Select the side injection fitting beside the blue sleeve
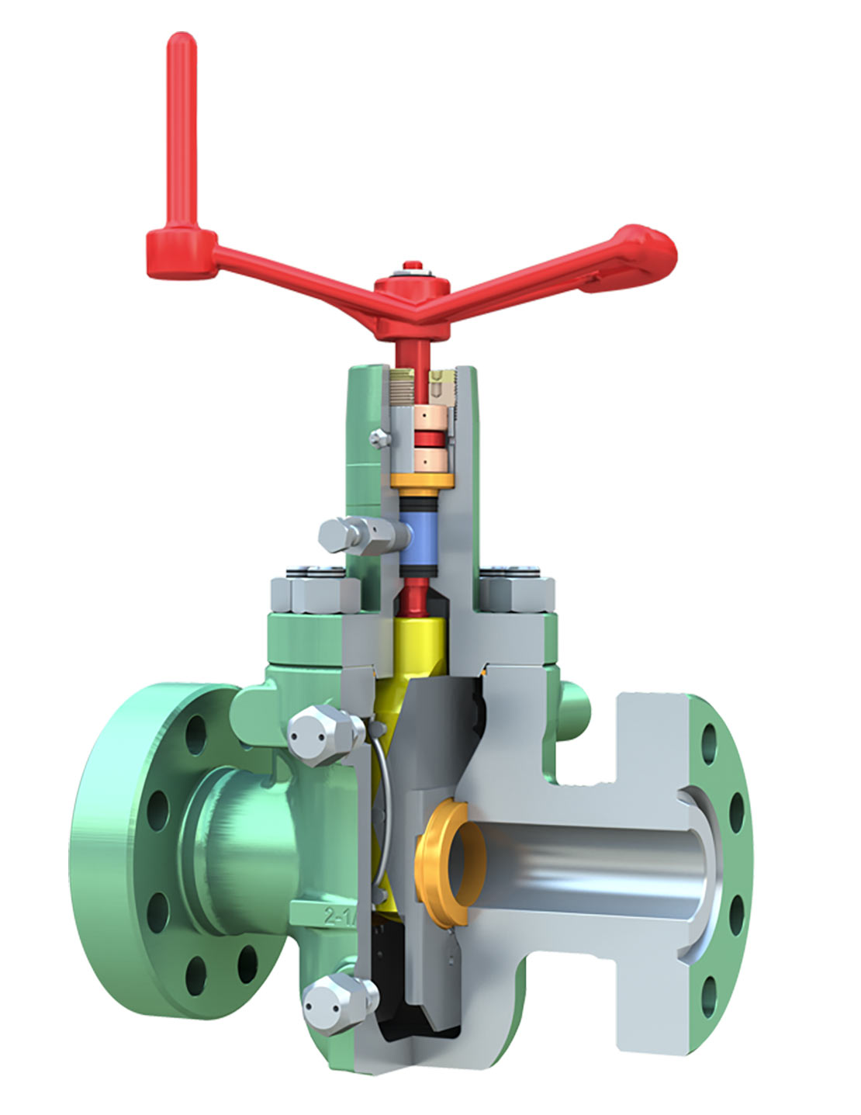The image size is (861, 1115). (x=353, y=535)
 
